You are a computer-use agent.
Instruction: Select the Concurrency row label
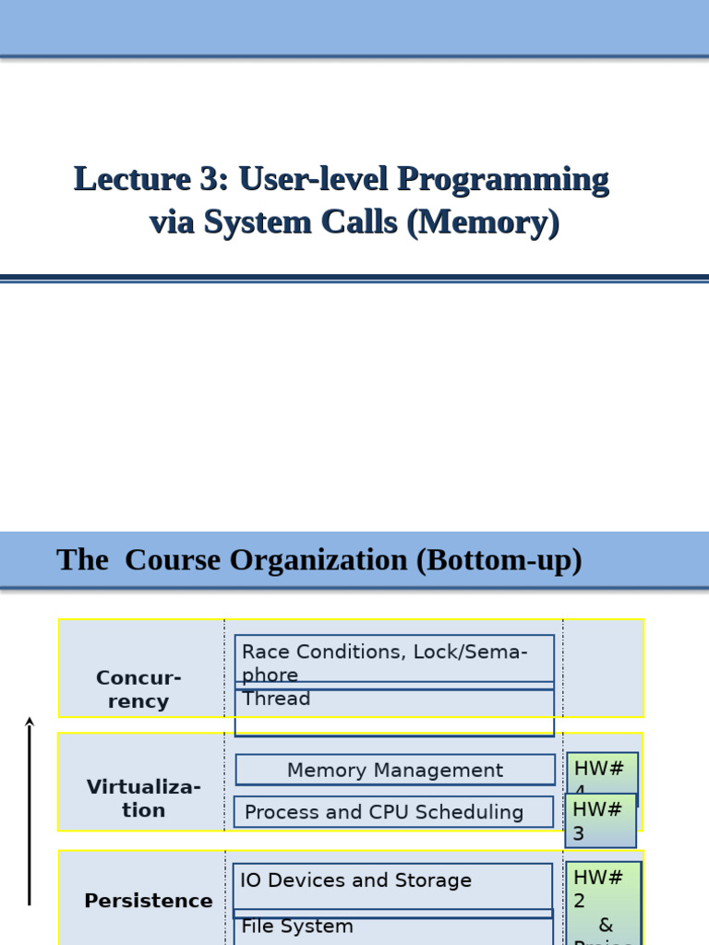[138, 689]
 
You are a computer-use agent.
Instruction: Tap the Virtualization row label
[143, 799]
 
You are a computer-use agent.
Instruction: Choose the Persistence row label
[148, 901]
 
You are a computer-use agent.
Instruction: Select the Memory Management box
[394, 771]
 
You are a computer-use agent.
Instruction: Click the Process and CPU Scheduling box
[394, 812]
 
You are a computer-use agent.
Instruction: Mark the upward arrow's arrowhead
[30, 723]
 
